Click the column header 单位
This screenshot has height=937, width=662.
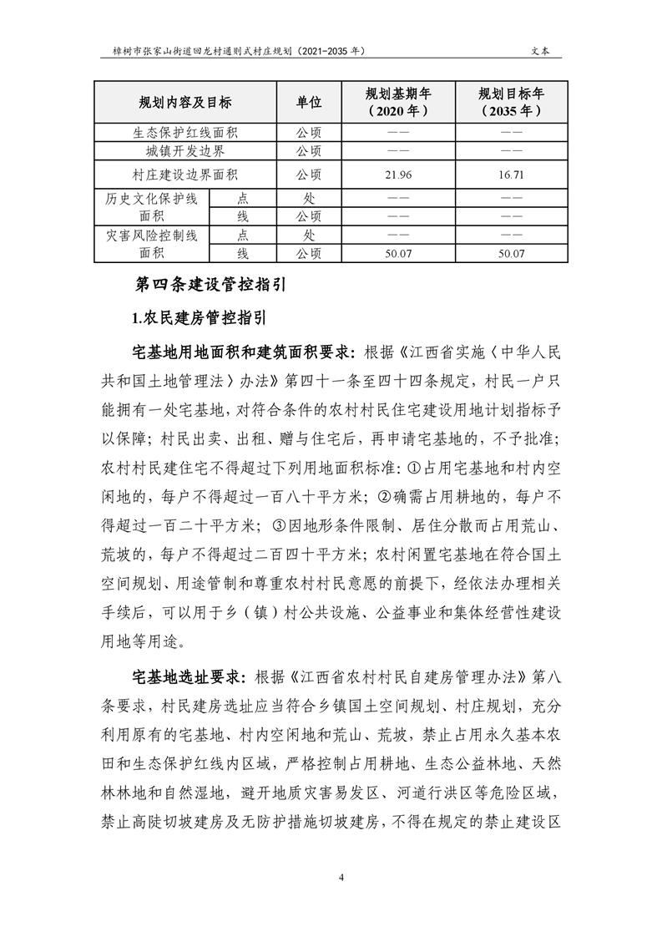pos(309,103)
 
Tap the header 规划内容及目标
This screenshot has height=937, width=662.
pos(185,103)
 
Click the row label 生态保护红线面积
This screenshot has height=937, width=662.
pos(185,132)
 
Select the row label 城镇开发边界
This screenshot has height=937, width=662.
pos(185,151)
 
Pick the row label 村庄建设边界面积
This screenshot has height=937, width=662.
pos(185,175)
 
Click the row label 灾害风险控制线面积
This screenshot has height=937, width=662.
pos(151,244)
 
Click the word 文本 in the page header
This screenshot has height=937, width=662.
pos(540,50)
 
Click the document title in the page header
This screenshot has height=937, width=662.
pos(238,50)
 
